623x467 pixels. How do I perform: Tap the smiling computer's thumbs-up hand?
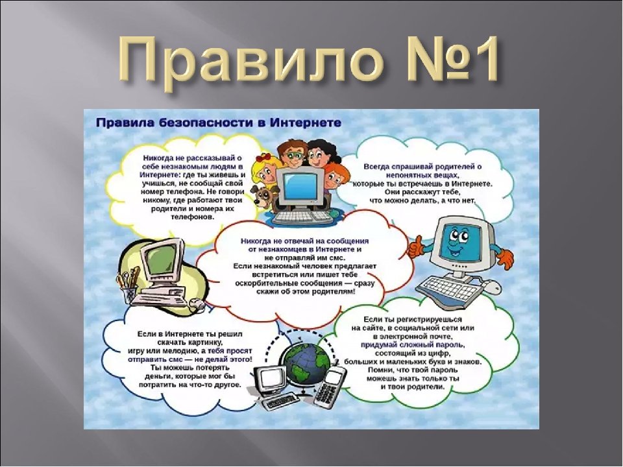417,246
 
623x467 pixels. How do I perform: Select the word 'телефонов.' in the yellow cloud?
192,217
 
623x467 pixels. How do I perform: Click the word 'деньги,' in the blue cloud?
158,376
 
